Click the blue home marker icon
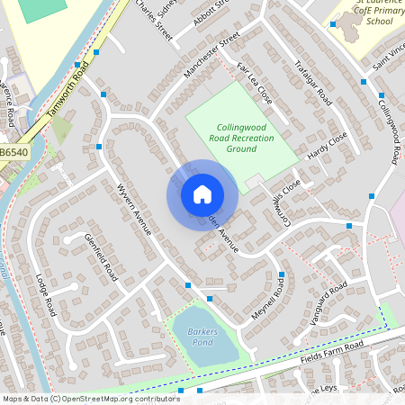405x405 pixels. pos(202,194)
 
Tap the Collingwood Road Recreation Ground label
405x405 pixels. pos(241,138)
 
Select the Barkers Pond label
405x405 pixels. pos(202,337)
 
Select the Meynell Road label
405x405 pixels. pos(279,300)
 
